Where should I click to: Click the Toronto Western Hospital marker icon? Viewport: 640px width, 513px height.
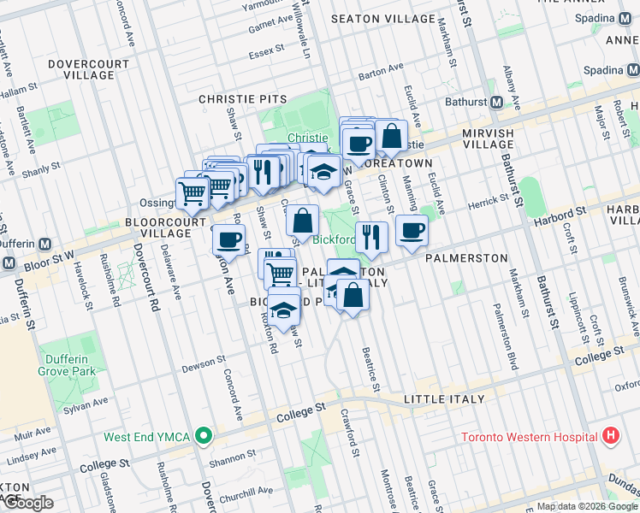tap(610, 436)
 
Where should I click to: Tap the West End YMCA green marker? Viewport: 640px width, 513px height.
tap(203, 436)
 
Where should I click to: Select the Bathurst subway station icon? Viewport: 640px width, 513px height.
tap(496, 103)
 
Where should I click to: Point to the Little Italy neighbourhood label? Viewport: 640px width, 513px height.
tap(444, 399)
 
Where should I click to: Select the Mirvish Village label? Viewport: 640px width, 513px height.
tap(500, 139)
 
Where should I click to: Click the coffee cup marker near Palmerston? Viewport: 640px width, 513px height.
tap(412, 230)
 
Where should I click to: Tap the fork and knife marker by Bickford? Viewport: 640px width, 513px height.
tap(370, 236)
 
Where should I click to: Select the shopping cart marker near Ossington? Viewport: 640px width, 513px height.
tap(193, 193)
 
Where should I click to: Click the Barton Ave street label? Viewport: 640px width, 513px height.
tap(381, 75)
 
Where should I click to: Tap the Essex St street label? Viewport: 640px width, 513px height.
tap(266, 51)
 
